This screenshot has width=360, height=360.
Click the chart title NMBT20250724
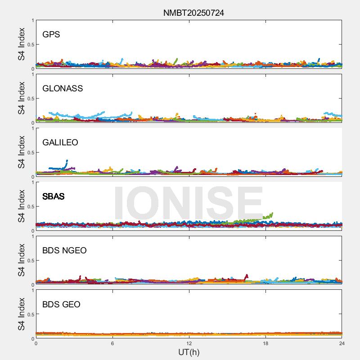pyautogui.click(x=193, y=13)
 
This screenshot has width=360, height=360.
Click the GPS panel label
pyautogui.click(x=51, y=35)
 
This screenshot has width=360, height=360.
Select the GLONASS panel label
pyautogui.click(x=63, y=89)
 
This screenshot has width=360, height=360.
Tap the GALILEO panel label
pyautogui.click(x=60, y=143)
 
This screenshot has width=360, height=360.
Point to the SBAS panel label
pyautogui.click(x=54, y=197)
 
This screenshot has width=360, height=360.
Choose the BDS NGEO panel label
pyautogui.click(x=64, y=251)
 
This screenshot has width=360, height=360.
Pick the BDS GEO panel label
pyautogui.click(x=61, y=305)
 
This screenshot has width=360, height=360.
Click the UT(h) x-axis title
pyautogui.click(x=189, y=352)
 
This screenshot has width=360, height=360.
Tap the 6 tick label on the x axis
pyautogui.click(x=112, y=343)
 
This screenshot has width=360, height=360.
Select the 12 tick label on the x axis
pyautogui.click(x=189, y=343)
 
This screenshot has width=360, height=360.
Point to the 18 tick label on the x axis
pyautogui.click(x=265, y=343)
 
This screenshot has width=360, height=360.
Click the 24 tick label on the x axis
pyautogui.click(x=342, y=343)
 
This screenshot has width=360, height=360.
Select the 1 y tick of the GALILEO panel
pyautogui.click(x=32, y=128)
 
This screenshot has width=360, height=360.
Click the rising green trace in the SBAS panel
pyautogui.click(x=265, y=217)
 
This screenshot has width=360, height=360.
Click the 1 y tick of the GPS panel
pyautogui.click(x=32, y=20)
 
